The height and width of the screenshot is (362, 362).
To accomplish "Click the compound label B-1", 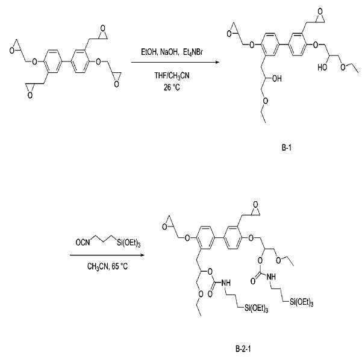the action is point(287,148).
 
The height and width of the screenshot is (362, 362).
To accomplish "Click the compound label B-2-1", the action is point(243,349).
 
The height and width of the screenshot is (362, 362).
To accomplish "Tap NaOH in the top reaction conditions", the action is point(169,52).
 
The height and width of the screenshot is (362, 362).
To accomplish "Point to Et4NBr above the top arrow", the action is point(193,52).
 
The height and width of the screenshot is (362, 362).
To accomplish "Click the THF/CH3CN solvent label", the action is point(172,76).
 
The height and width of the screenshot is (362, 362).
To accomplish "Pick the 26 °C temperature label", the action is point(172,87).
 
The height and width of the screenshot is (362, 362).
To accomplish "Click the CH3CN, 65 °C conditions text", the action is point(107,267).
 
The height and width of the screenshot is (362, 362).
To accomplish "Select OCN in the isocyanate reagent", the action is point(83,242).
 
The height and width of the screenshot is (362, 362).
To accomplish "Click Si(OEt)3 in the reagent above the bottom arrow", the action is point(129,243).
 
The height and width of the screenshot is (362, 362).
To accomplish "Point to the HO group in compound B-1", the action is point(322,67).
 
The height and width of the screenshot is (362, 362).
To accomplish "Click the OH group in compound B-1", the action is point(277,78).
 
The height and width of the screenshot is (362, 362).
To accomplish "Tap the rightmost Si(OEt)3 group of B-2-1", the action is point(302,302).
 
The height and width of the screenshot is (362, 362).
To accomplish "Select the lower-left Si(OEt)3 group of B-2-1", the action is point(256,308).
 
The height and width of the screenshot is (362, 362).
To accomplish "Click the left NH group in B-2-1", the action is point(226,282).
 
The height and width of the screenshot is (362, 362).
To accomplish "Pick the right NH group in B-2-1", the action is point(271,276).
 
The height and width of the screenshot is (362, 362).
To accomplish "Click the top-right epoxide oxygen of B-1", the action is point(320,11).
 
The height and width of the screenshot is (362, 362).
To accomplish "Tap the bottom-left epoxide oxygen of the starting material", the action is point(30,95).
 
